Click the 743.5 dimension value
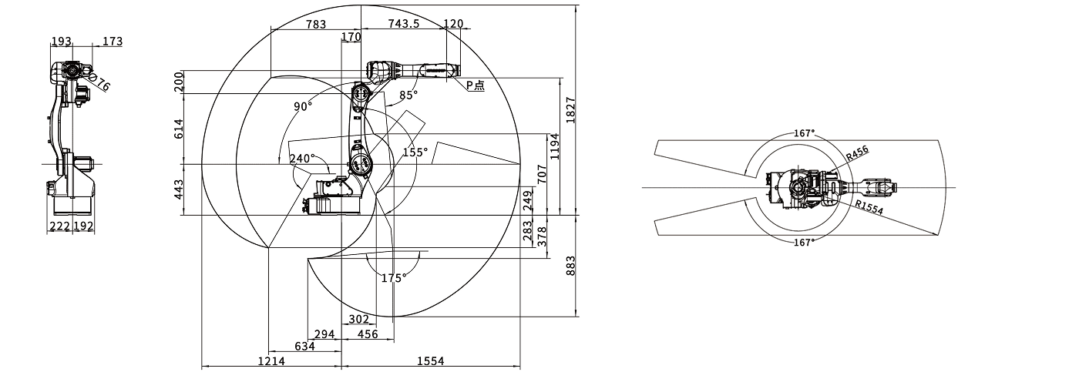pyautogui.click(x=404, y=24)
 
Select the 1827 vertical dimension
pyautogui.click(x=570, y=108)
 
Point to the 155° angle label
pyautogui.click(x=415, y=152)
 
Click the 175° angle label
pyautogui.click(x=392, y=278)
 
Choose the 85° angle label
pyautogui.click(x=408, y=95)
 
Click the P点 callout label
pyautogui.click(x=476, y=86)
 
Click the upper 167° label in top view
pyautogui.click(x=804, y=133)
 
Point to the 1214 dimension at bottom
pyautogui.click(x=271, y=360)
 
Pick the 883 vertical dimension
pyautogui.click(x=570, y=266)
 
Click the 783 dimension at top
pyautogui.click(x=315, y=24)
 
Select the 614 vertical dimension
pyautogui.click(x=179, y=129)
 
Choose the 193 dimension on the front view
pyautogui.click(x=62, y=42)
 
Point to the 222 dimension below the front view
pyautogui.click(x=59, y=226)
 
